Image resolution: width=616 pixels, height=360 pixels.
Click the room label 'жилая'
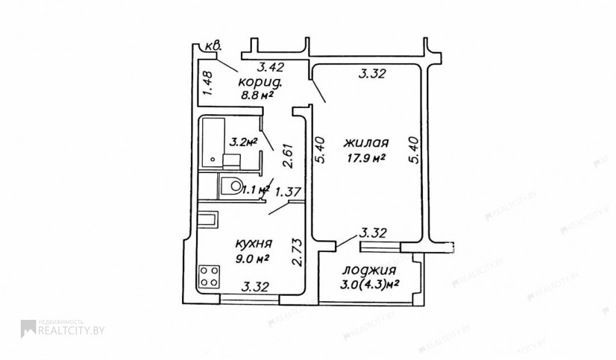(x=365, y=143)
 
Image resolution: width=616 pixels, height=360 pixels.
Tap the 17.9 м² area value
(x=365, y=158)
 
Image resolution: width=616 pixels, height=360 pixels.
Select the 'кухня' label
(x=253, y=244)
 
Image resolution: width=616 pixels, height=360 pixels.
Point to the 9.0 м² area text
(x=253, y=259)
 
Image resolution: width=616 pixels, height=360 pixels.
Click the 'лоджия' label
(x=369, y=271)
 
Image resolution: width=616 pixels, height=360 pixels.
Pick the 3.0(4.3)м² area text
(x=370, y=284)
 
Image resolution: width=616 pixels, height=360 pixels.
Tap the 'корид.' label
(x=260, y=82)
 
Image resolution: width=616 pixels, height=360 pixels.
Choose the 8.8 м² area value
(x=257, y=96)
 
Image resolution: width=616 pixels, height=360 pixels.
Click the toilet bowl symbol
(x=231, y=186)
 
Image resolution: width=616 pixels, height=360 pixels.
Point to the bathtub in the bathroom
(x=213, y=143)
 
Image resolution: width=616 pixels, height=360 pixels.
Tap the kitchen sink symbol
(x=207, y=219)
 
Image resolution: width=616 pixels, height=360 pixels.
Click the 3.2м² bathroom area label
(x=243, y=143)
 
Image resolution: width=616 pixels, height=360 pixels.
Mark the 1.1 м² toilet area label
(x=255, y=190)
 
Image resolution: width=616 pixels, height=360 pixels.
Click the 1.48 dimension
(x=208, y=83)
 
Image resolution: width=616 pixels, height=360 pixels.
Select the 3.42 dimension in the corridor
(x=271, y=67)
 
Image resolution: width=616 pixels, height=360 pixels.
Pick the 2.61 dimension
(x=289, y=156)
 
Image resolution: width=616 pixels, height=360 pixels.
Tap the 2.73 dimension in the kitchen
(x=298, y=252)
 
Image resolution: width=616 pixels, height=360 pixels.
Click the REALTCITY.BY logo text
(x=71, y=330)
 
